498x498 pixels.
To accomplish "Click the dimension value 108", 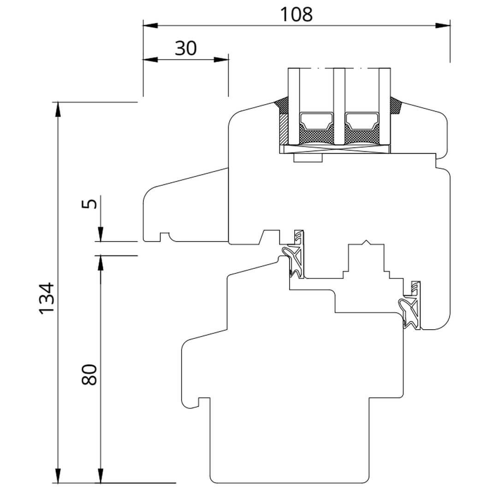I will coord(296,14).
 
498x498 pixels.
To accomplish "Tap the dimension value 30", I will coord(185,48).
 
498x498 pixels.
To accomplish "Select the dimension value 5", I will coord(92,203).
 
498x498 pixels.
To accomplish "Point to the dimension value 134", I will coord(47,298).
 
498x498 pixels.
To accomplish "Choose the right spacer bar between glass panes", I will coord(362,122).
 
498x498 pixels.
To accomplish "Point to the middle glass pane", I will coord(339,106).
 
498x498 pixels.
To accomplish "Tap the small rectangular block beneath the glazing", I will coord(308,158).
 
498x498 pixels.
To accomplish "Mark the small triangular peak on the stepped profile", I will coord(366,242).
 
